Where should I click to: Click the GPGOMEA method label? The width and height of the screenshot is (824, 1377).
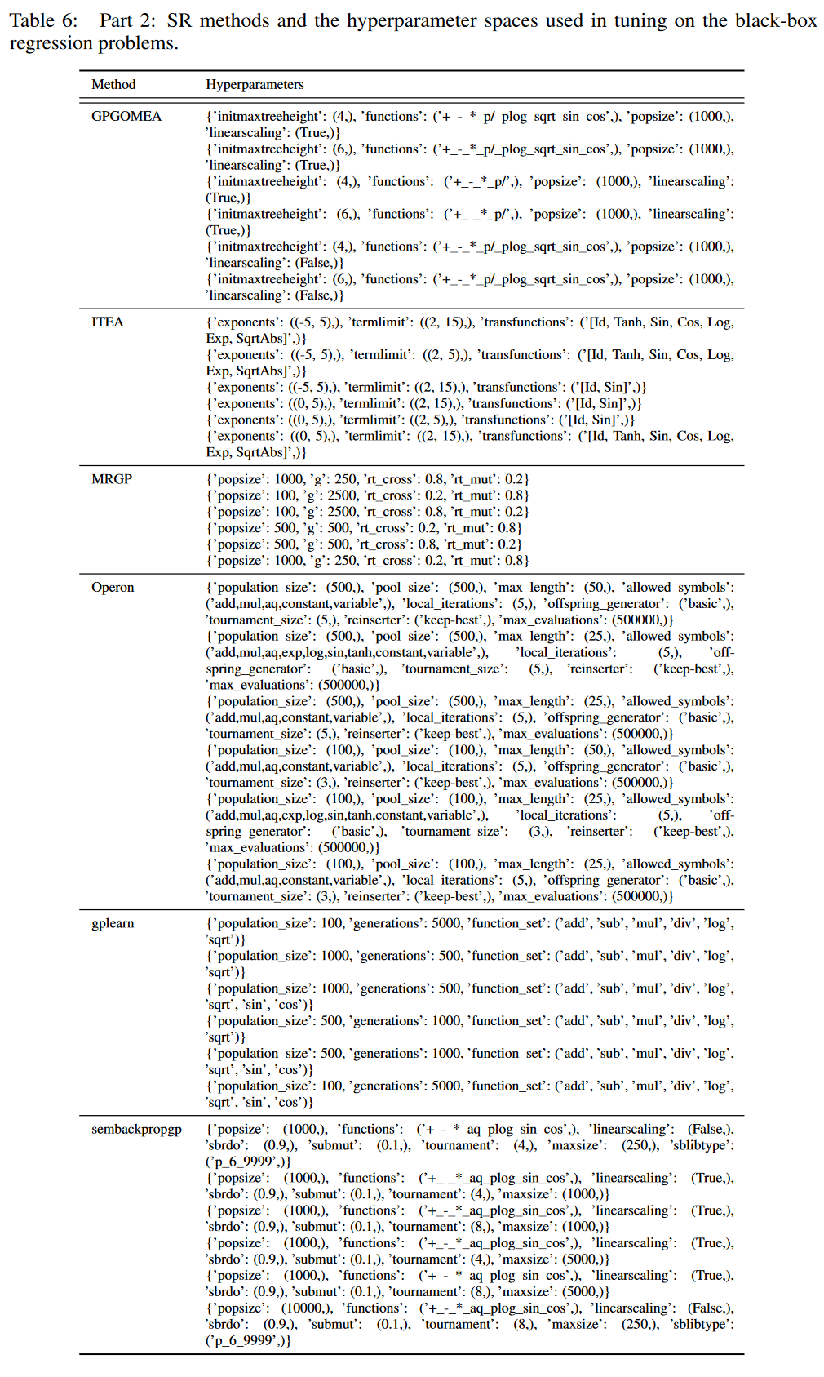(126, 117)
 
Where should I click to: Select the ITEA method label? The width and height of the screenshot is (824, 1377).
(108, 322)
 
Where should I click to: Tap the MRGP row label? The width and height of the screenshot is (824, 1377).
(112, 479)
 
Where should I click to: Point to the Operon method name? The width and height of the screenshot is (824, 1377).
(113, 588)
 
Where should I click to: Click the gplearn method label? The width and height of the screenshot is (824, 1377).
(113, 924)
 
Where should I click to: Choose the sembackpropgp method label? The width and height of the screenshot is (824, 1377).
(136, 1130)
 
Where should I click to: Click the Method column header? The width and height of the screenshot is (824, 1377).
(113, 85)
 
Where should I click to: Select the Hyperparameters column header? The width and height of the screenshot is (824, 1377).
(255, 85)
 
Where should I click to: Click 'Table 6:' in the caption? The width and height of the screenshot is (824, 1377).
(43, 21)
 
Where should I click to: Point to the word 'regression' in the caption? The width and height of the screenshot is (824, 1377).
(43, 43)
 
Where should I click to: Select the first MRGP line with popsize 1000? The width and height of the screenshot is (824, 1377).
(367, 479)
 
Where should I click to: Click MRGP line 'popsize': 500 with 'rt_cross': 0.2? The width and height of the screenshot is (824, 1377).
(364, 528)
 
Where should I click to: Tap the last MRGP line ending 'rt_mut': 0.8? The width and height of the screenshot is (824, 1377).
(367, 561)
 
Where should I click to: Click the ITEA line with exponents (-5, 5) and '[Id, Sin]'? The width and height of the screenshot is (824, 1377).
(426, 388)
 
